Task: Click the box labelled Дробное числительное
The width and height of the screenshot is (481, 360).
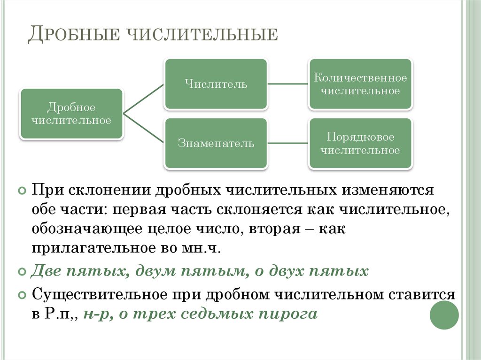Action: [71, 114]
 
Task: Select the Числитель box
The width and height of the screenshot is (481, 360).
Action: [216, 84]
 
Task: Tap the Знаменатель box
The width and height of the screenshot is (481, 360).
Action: [216, 144]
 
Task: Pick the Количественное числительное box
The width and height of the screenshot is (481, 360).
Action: [360, 84]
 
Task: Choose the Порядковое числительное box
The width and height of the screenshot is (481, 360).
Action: [360, 144]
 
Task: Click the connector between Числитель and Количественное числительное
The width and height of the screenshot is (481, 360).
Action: [288, 84]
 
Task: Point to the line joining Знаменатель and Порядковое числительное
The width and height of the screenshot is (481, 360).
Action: [288, 144]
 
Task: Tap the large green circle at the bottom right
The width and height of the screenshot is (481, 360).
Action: [444, 315]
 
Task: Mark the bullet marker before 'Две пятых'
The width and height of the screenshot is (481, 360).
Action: [22, 272]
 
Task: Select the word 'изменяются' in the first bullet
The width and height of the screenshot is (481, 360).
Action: [387, 191]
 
